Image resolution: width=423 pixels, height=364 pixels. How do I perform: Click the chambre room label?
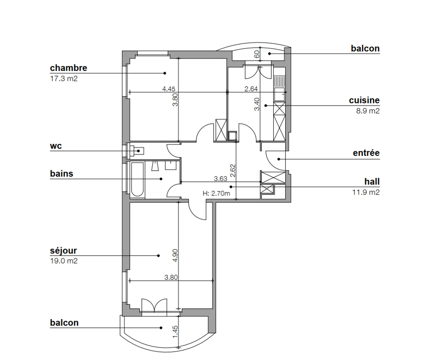tap(68, 68)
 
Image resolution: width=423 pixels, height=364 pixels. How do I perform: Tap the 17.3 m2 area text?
tap(64, 79)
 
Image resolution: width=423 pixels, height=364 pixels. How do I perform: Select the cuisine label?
tap(364, 100)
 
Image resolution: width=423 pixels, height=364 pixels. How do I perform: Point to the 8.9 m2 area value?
tap(368, 111)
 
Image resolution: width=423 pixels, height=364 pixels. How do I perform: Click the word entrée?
tap(366, 153)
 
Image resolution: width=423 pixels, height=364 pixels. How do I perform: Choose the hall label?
tap(372, 181)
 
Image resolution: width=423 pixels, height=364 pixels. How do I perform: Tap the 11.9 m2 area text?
tap(366, 192)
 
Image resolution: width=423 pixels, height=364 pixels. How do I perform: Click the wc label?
tap(56, 146)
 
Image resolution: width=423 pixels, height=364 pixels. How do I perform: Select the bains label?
tap(62, 174)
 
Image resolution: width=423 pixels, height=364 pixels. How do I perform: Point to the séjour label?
tap(63, 251)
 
